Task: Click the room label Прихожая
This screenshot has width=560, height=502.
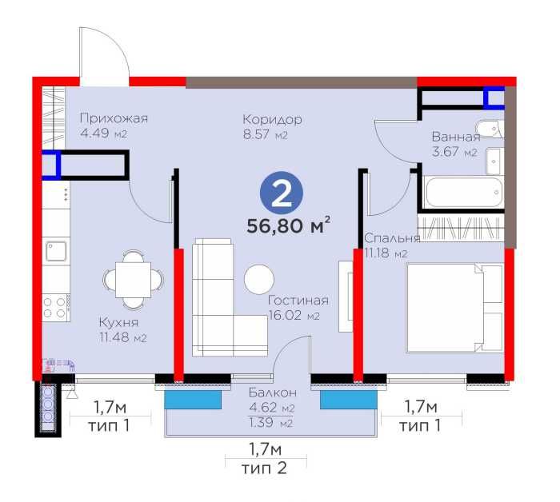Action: [114, 118]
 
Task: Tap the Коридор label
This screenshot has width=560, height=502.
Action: [272, 119]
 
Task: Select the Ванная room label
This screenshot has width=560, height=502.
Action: [456, 137]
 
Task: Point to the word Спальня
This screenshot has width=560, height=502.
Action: [392, 238]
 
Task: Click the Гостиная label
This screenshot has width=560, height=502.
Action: [298, 301]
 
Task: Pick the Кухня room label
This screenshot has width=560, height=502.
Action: [118, 322]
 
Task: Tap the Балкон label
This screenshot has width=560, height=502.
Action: [273, 392]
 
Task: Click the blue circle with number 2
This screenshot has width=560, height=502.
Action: [282, 193]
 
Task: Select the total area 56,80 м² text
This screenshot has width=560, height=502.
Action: [288, 226]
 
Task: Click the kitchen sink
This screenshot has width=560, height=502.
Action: [56, 251]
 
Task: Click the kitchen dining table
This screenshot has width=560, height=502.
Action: [134, 280]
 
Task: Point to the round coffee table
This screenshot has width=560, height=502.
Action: [259, 279]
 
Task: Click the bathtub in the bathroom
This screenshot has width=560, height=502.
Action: [464, 192]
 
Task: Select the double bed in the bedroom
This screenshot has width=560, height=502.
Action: [454, 309]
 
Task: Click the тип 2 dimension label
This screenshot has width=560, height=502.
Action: [264, 468]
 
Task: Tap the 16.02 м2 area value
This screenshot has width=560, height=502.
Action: [294, 316]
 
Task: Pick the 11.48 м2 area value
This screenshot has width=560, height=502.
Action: [123, 337]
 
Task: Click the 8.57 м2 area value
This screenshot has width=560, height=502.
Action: [265, 135]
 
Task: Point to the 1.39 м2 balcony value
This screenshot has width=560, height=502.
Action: [270, 423]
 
